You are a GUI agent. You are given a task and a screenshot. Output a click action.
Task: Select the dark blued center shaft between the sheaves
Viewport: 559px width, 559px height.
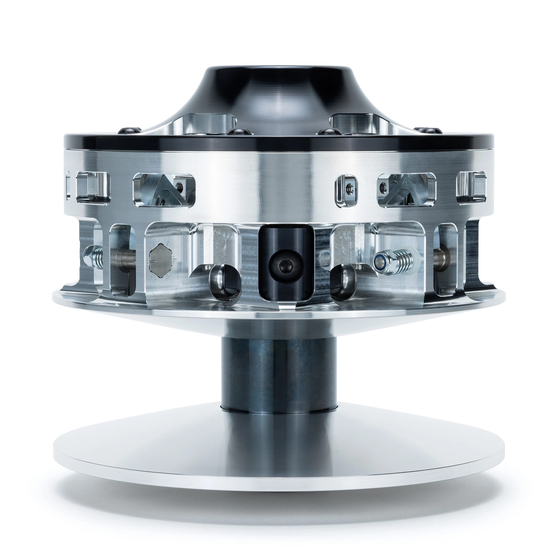tap(279, 373)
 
